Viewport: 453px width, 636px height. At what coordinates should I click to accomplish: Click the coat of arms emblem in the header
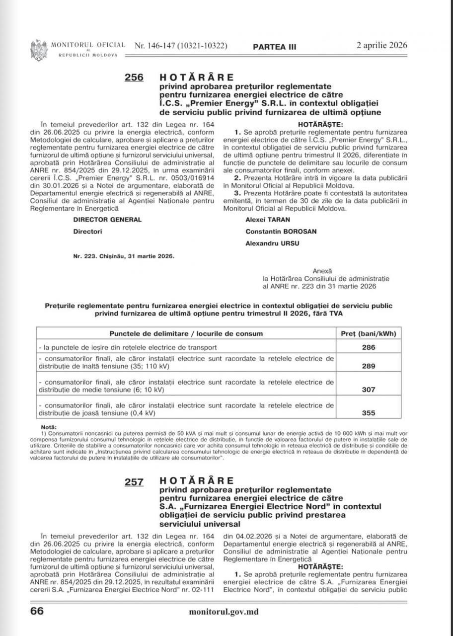click(x=38, y=49)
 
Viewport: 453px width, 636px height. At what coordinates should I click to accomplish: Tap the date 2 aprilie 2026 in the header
click(x=381, y=45)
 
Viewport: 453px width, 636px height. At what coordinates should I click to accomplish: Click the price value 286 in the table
click(x=369, y=347)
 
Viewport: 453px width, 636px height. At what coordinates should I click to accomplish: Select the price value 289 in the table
click(x=369, y=367)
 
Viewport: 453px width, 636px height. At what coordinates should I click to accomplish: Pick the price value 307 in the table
click(x=369, y=390)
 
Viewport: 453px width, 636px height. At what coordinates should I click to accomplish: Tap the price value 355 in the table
click(x=369, y=413)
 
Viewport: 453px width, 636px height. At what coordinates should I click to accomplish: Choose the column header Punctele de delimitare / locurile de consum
click(x=186, y=333)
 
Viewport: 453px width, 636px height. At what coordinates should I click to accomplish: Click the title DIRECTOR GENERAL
click(x=107, y=219)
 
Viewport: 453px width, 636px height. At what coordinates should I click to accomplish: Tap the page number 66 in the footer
click(x=37, y=611)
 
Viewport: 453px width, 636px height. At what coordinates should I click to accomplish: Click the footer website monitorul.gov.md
click(x=224, y=612)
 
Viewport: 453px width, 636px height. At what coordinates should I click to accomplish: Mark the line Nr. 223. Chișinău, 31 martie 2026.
click(x=123, y=256)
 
